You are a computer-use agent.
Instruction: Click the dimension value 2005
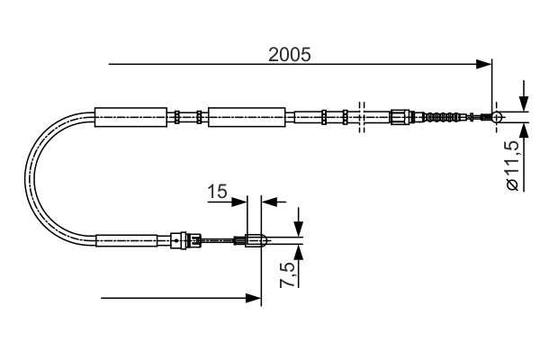[x=289, y=54]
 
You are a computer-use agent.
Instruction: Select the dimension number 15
[x=216, y=192]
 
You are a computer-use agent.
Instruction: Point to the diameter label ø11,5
[x=512, y=165]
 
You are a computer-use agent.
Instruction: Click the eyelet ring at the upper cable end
[x=496, y=116]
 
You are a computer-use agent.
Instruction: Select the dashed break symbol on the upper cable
[x=361, y=116]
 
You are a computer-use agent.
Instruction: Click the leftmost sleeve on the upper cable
[x=130, y=116]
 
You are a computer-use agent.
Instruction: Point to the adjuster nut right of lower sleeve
[x=184, y=240]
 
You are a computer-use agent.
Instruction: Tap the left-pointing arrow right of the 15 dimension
[x=267, y=202]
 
